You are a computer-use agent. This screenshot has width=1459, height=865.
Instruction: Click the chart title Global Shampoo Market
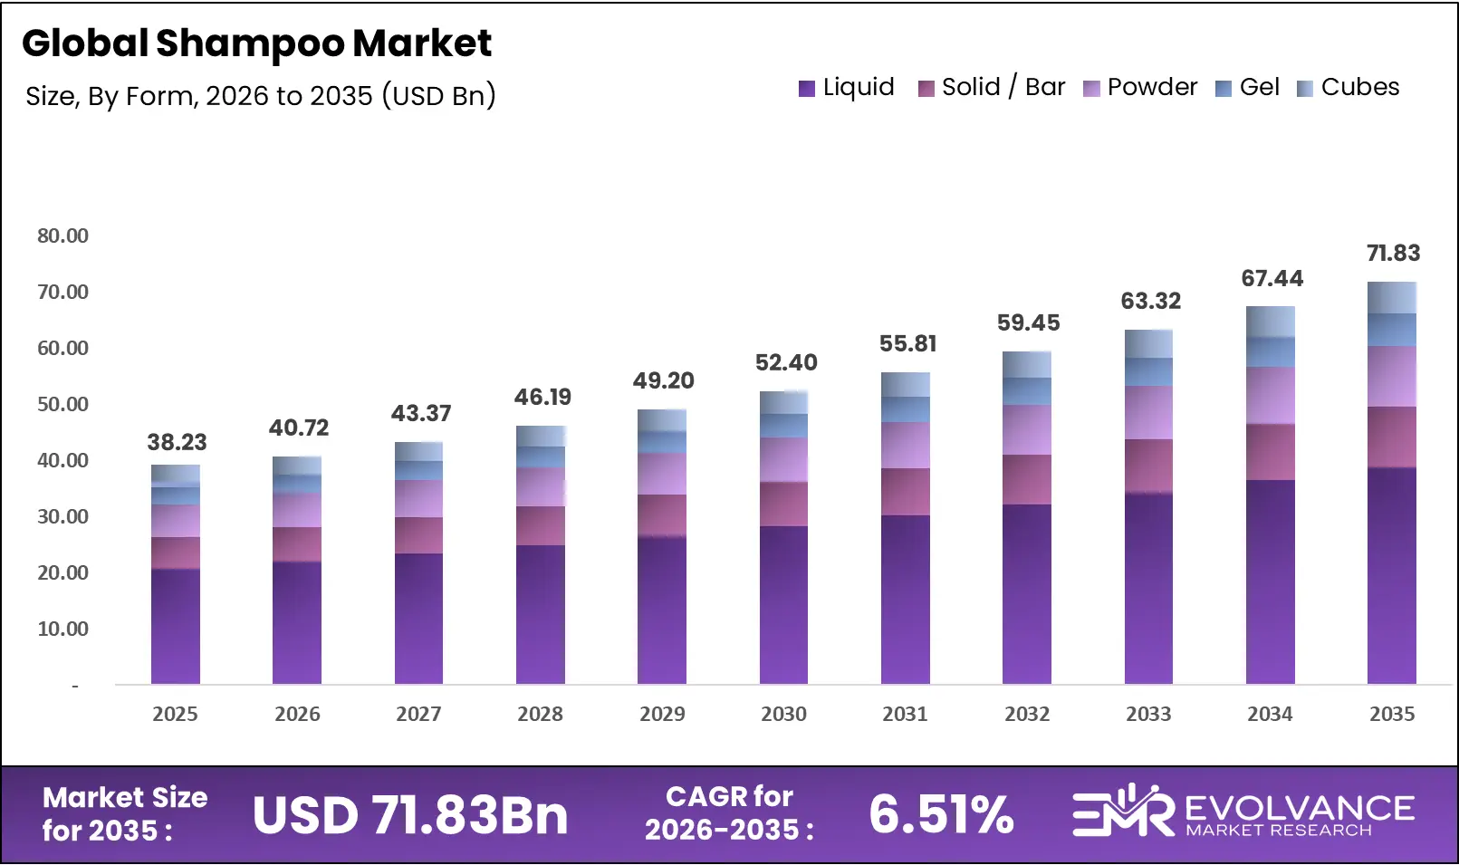click(x=256, y=43)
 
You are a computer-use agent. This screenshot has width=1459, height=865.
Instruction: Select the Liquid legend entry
click(x=846, y=87)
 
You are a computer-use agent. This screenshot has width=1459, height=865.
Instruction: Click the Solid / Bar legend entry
click(x=992, y=87)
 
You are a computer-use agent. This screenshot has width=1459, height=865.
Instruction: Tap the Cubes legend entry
click(x=1349, y=87)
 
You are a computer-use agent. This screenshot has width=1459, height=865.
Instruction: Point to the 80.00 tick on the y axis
click(x=62, y=235)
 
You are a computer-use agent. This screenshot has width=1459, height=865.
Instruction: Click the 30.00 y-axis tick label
click(x=62, y=516)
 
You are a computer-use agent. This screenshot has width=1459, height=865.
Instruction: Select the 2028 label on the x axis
click(x=540, y=714)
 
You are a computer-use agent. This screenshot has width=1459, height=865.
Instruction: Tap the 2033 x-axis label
click(x=1147, y=714)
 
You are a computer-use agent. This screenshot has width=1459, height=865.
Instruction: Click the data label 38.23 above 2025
click(x=177, y=442)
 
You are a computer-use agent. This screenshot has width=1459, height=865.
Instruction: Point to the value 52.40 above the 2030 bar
click(x=785, y=362)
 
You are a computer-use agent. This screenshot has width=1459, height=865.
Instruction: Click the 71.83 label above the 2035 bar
click(x=1392, y=253)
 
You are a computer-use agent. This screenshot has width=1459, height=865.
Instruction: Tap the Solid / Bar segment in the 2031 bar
click(x=905, y=492)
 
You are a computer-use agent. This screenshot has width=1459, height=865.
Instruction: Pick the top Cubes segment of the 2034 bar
click(x=1270, y=322)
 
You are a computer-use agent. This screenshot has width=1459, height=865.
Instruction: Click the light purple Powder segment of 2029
click(x=661, y=473)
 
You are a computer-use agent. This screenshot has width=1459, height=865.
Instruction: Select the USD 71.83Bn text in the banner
click(x=409, y=814)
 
